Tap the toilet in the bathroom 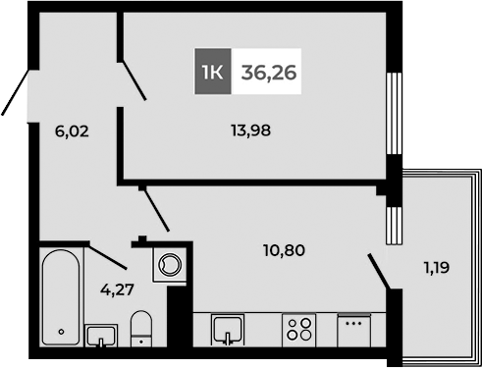pos(142,330)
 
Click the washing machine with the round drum pos(169,263)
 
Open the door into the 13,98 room pos(134,80)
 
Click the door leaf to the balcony pos(379,272)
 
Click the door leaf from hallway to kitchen pos(155,208)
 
